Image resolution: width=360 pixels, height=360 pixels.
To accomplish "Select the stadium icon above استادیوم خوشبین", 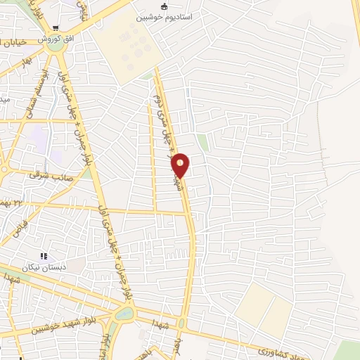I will (165, 7).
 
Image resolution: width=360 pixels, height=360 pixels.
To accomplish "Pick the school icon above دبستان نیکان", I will (44, 257).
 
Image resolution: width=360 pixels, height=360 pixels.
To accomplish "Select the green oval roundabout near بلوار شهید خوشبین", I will (123, 314).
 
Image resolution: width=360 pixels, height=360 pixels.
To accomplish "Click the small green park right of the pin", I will (203, 143).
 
